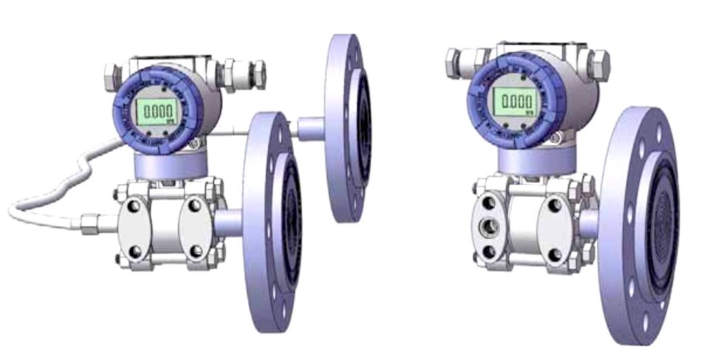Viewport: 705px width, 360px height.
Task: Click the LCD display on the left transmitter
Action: tap(155, 110)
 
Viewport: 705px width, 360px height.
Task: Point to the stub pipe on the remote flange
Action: tap(310, 129)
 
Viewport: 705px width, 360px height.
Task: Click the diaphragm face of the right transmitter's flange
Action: tap(661, 227)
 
